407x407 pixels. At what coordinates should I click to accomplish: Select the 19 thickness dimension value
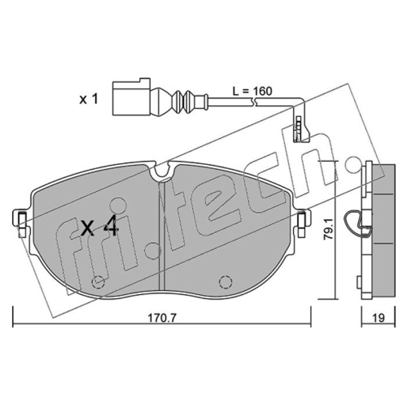(379, 317)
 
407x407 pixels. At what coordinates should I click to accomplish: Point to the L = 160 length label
(252, 91)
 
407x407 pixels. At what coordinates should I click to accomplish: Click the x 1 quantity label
(89, 99)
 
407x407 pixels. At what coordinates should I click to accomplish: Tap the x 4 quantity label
(100, 227)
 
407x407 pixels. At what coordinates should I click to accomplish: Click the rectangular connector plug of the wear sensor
(131, 97)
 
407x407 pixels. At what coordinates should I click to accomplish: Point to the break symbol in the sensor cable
(254, 101)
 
